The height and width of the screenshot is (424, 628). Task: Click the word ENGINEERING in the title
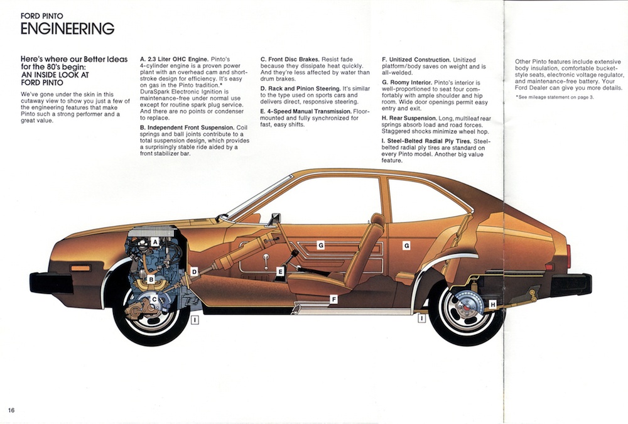point(67,28)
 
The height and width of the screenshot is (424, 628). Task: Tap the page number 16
point(12,410)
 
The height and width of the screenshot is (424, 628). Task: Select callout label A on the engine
point(154,241)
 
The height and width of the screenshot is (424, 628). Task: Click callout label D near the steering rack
point(194,271)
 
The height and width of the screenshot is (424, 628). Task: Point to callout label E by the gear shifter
point(280,271)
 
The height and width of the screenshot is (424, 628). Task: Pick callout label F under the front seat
point(333,300)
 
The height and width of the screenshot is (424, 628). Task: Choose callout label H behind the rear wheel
point(492,305)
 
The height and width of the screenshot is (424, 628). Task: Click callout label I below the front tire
point(195,320)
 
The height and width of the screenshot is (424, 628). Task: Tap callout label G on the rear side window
point(406,245)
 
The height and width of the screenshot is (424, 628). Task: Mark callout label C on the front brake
point(154,300)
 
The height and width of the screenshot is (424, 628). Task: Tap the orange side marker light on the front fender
point(80,268)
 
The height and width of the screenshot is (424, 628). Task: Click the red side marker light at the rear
point(568,256)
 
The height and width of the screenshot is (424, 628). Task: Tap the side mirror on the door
point(274,219)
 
